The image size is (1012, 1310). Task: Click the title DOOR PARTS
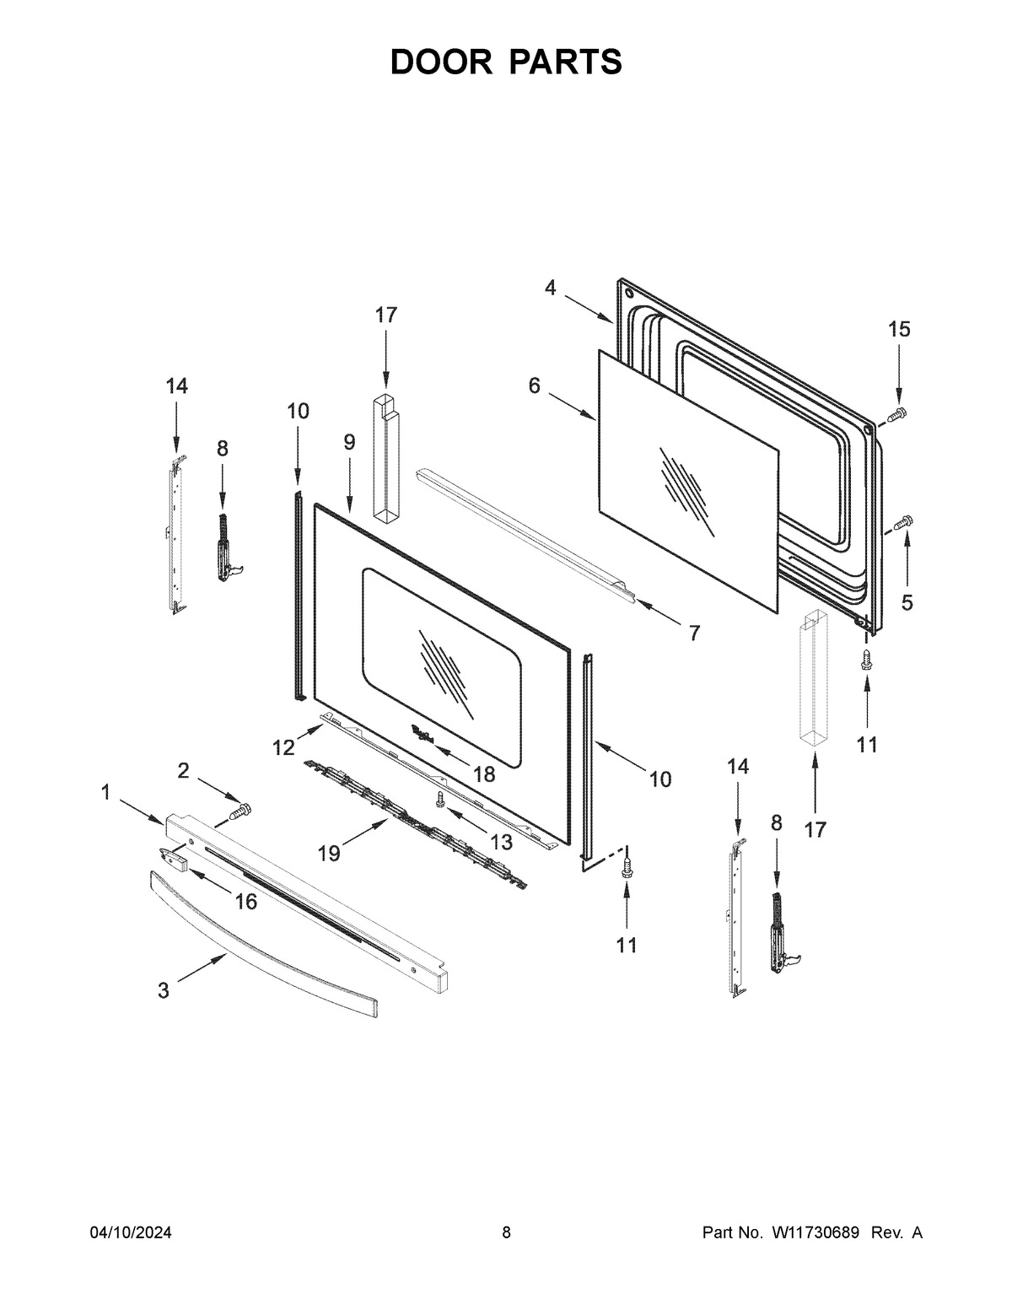pos(506,62)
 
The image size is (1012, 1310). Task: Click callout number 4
pos(550,288)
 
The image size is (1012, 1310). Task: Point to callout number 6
pos(534,385)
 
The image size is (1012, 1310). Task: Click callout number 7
pos(693,633)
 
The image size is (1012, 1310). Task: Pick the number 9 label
pos(349,441)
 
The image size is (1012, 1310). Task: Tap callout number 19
pos(329,854)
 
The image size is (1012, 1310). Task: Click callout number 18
pos(484,773)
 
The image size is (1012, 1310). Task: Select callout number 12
pos(283,747)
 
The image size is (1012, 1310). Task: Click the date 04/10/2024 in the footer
pos(131,1233)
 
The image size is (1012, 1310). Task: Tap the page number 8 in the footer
pos(506,1233)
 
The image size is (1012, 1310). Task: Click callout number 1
pos(105,792)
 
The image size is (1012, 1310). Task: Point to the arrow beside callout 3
pos(202,968)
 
